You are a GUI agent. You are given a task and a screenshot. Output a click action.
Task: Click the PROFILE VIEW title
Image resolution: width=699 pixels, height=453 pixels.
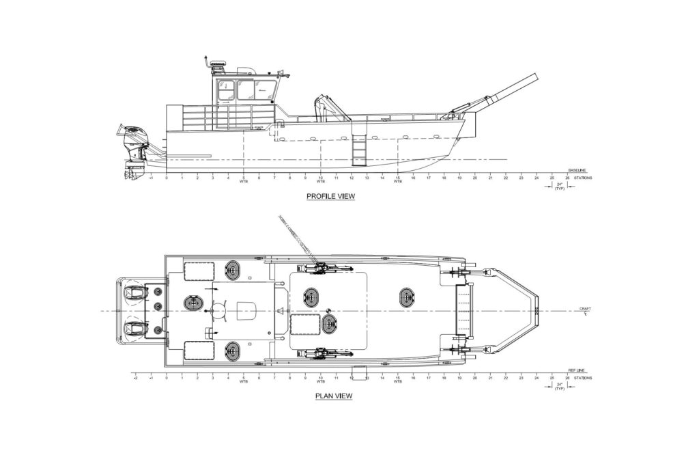coord(330,197)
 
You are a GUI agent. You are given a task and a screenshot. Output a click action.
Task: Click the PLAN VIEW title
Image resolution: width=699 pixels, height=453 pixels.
coord(333,396)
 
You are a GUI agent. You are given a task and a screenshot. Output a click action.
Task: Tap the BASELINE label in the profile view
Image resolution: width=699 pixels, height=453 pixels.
coord(577,169)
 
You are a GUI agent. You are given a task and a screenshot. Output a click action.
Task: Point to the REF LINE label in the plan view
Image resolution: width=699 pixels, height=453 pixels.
coord(577,370)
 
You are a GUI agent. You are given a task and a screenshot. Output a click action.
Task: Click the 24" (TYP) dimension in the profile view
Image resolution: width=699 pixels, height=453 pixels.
coord(559,187)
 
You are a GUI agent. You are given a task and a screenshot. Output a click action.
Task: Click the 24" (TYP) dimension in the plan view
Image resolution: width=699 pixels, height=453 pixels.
coord(559,387)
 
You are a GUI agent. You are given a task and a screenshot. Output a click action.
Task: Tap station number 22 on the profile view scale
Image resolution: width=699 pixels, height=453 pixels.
coord(505,178)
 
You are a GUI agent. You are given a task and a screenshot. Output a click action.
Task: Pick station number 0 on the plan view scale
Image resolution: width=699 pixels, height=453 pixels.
coord(167,378)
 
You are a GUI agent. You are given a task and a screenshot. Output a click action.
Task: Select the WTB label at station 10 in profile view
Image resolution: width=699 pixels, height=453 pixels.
coord(320,182)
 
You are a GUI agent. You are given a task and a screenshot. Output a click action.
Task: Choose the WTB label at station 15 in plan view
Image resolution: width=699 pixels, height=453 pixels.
coord(397,382)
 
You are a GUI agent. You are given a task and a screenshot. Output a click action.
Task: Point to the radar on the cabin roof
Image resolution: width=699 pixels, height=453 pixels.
coord(217,63)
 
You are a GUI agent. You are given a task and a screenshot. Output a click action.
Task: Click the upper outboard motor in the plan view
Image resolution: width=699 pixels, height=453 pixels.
coord(136,293)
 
